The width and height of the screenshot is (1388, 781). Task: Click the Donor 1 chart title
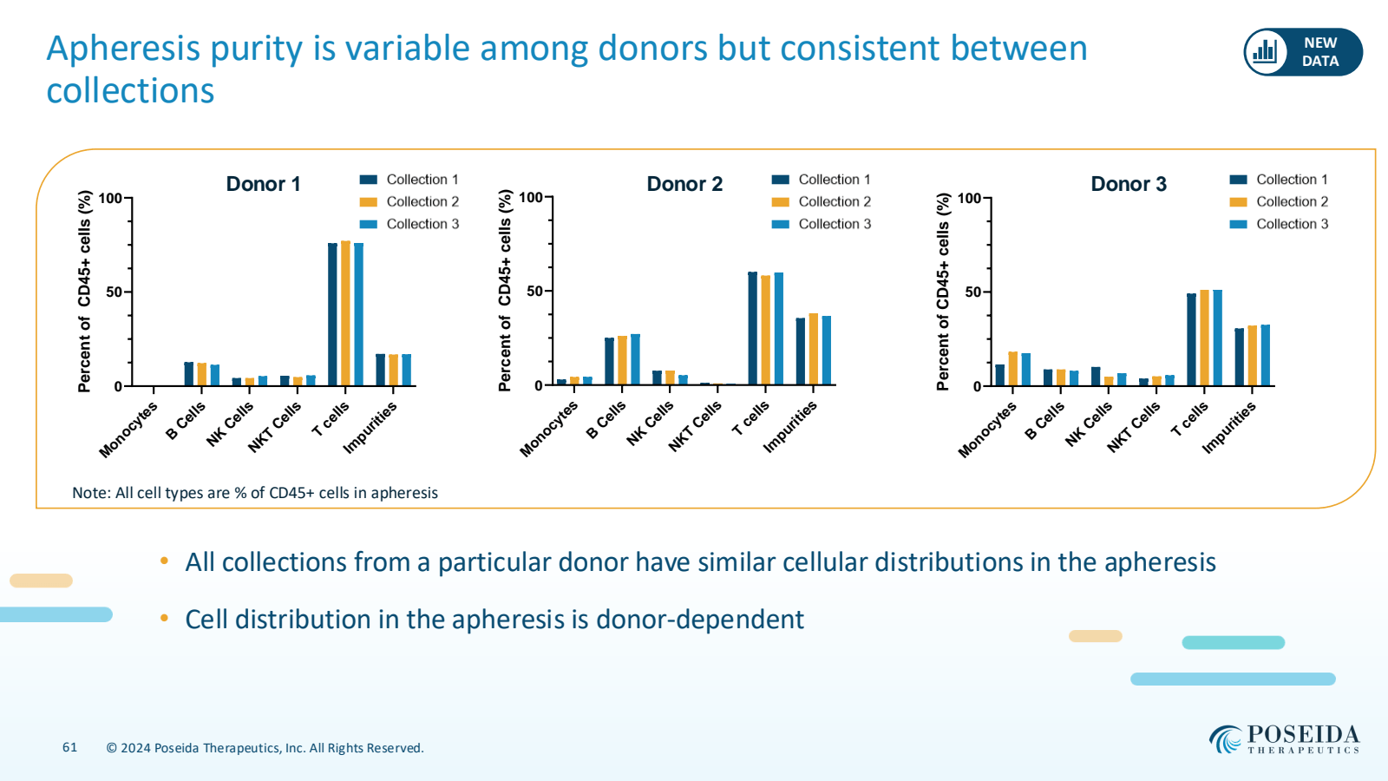(263, 184)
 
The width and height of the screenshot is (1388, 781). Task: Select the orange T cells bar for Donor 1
(345, 313)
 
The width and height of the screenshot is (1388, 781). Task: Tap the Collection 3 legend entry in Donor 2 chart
(821, 224)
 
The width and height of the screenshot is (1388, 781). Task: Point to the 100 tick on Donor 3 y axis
(969, 198)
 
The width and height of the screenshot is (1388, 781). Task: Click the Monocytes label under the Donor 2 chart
(548, 429)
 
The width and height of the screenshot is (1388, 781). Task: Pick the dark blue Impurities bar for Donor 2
(801, 351)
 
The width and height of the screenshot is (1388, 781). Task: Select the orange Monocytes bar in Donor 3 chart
(1013, 369)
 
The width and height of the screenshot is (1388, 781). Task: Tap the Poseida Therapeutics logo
(1284, 739)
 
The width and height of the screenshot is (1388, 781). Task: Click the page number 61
(69, 747)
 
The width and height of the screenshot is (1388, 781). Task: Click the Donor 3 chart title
(1128, 184)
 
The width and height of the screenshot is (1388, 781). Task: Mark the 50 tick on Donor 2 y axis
(535, 291)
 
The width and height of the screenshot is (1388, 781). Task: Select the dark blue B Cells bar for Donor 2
(609, 361)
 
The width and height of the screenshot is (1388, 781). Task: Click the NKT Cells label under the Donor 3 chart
(1133, 427)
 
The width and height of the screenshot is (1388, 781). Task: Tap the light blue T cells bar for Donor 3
(1217, 338)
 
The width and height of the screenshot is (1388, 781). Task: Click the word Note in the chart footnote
(90, 493)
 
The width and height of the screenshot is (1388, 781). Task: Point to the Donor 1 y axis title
(84, 291)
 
